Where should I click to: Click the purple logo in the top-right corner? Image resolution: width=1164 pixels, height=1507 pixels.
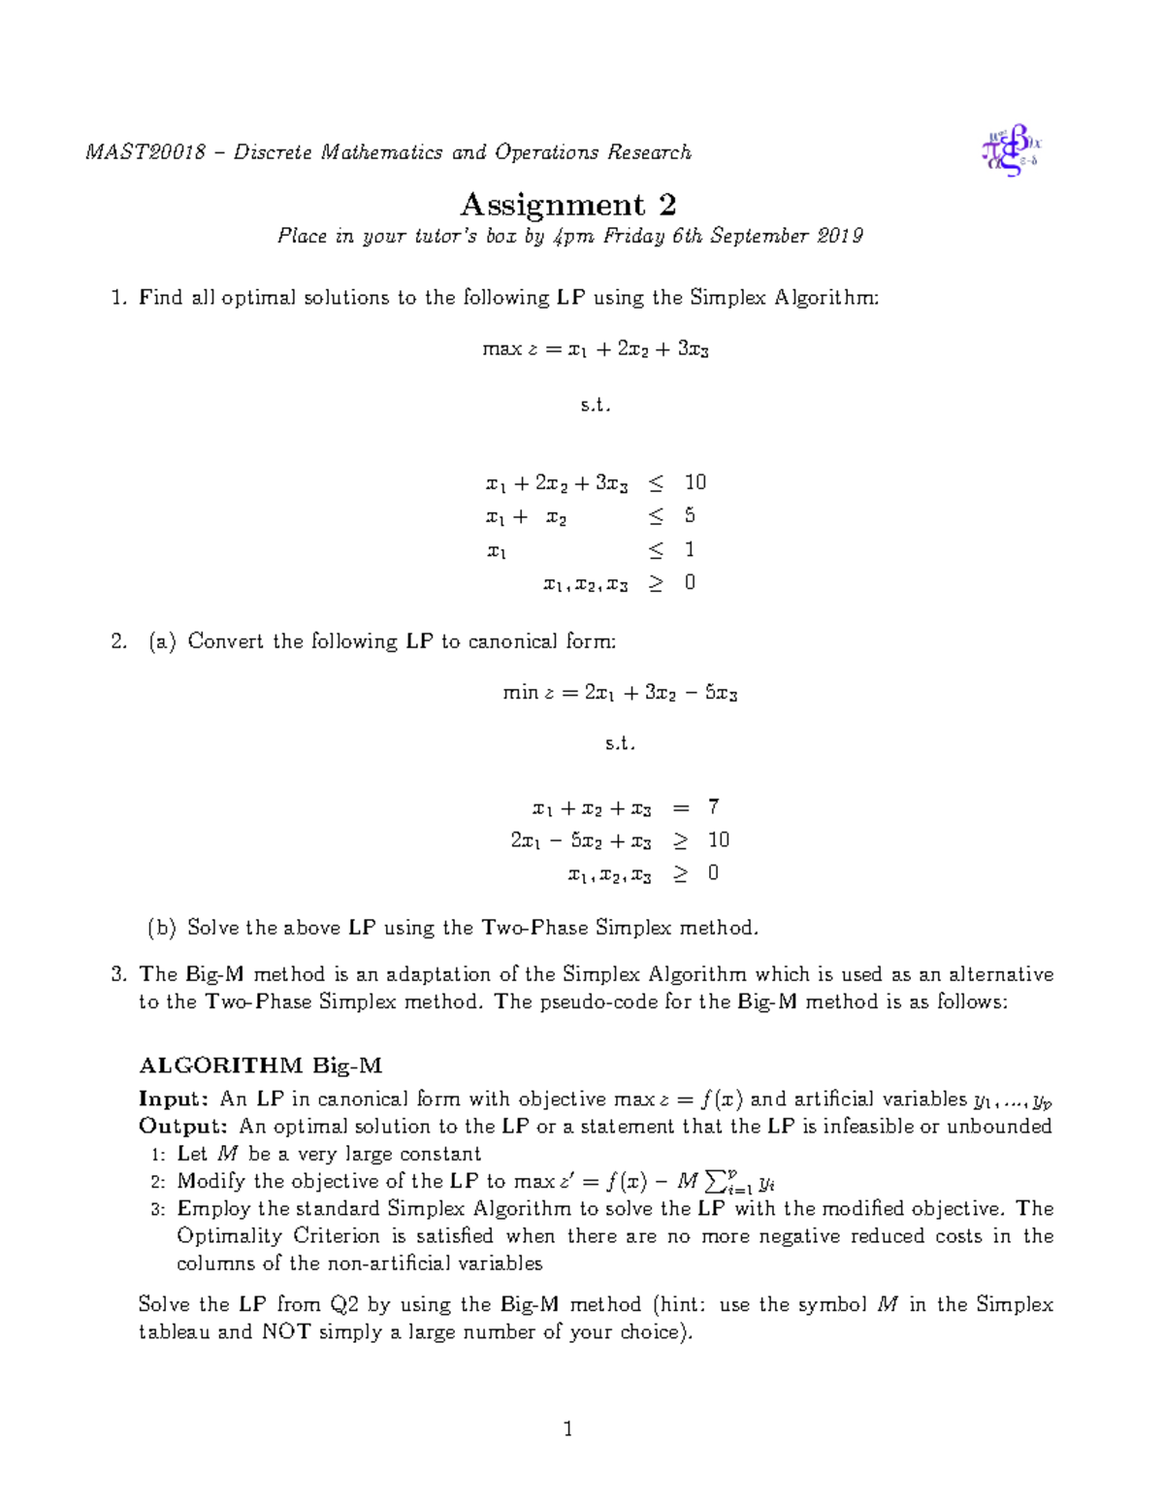point(1011,150)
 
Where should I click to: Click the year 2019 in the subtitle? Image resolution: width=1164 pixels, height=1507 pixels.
point(840,236)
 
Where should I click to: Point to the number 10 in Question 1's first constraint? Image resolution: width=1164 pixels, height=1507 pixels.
point(695,482)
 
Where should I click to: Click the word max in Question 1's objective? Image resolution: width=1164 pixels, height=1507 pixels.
point(501,349)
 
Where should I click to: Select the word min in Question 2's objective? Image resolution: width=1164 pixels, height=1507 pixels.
point(520,693)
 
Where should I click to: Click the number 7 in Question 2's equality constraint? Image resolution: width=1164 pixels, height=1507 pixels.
point(713,806)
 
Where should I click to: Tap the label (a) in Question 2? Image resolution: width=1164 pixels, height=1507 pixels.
point(162,641)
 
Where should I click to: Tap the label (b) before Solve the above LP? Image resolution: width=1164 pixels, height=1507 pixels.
point(162,928)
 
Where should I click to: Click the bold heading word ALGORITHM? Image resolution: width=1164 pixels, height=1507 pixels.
point(221,1065)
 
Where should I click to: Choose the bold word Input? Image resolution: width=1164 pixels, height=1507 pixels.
point(174,1099)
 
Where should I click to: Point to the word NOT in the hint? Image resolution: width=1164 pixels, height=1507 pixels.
point(286,1332)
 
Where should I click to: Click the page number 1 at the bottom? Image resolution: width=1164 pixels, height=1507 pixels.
point(567,1428)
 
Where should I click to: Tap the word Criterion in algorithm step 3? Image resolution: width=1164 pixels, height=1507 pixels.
point(337,1236)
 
